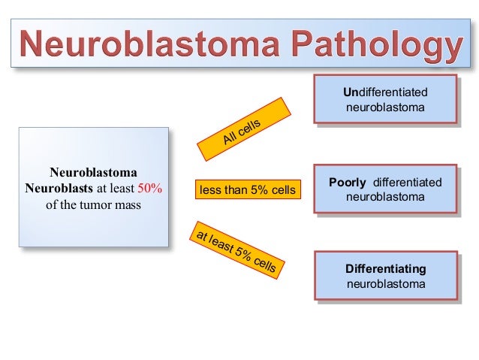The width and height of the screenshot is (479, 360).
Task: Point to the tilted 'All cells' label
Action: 242,130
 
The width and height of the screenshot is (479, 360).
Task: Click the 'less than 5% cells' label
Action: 247,190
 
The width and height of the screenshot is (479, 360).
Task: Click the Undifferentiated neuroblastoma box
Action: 385,100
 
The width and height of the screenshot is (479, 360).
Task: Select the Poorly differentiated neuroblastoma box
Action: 385,189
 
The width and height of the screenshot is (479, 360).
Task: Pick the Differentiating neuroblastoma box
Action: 385,277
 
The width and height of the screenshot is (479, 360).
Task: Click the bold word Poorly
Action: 348,183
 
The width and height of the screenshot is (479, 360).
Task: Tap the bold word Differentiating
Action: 385,269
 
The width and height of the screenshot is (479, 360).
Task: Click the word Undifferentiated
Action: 385,92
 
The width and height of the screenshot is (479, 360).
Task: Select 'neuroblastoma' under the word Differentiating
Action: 385,284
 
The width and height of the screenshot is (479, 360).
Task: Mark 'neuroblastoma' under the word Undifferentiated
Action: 385,107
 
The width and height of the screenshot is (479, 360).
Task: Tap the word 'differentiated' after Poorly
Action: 407,183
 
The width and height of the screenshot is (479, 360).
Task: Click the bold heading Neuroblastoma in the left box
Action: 93,172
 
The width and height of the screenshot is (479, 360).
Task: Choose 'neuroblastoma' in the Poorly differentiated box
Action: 385,197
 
